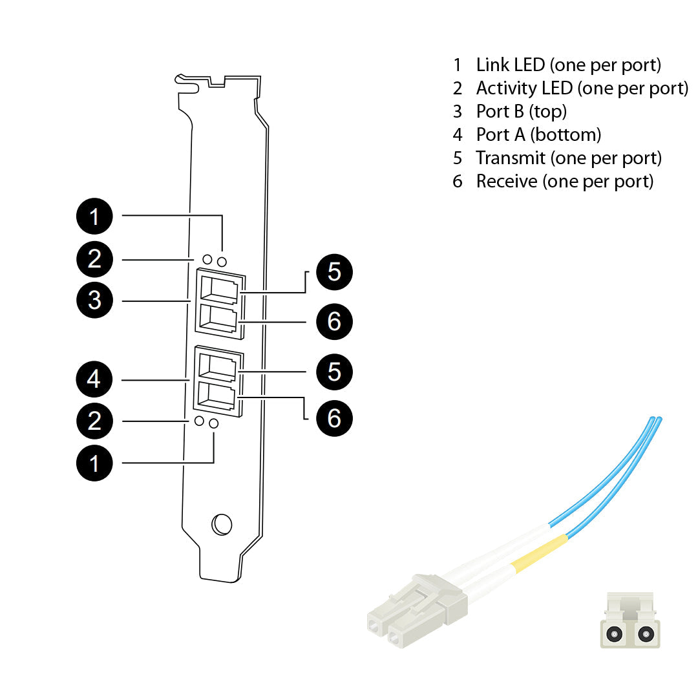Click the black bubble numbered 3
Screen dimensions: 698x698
click(x=94, y=301)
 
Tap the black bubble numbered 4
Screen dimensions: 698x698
click(x=94, y=379)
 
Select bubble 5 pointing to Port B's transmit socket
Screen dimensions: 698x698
click(x=334, y=272)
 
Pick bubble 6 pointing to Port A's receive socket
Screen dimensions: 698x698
click(x=334, y=418)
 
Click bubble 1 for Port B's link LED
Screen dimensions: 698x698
click(x=94, y=216)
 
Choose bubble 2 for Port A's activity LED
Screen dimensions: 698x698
click(x=94, y=421)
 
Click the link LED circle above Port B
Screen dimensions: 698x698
click(x=222, y=261)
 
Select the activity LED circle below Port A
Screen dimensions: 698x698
click(x=200, y=421)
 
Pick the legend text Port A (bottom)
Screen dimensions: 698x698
click(x=538, y=134)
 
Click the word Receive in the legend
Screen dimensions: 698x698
click(x=507, y=181)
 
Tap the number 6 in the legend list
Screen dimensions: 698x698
click(x=458, y=181)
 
